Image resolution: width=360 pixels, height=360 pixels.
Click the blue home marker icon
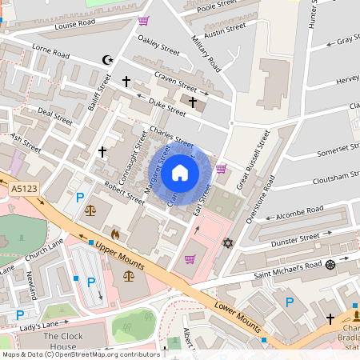(x=180, y=173)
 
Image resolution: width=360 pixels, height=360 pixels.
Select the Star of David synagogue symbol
(x=228, y=242)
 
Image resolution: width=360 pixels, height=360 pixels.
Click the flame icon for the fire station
(x=115, y=234)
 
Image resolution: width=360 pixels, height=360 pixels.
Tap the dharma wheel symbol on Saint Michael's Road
(x=330, y=265)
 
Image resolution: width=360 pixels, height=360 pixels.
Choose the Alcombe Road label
(x=298, y=212)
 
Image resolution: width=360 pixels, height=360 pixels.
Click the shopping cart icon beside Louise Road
(x=143, y=21)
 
